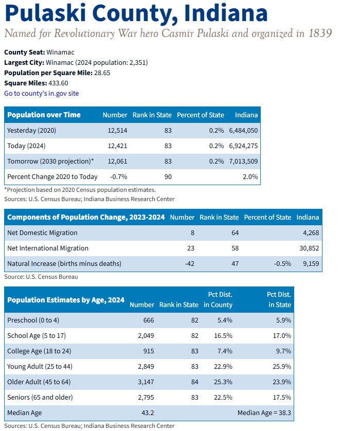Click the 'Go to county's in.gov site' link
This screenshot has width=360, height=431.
(x=42, y=93)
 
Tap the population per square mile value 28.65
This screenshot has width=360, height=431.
(x=102, y=73)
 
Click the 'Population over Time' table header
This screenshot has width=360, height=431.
(x=44, y=115)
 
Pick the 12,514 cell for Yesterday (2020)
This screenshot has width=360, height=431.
(x=117, y=131)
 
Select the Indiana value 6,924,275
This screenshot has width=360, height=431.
(x=244, y=146)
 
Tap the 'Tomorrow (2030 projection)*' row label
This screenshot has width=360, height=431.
(x=50, y=161)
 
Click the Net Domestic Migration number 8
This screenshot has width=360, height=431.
(x=192, y=232)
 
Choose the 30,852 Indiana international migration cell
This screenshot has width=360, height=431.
(x=308, y=248)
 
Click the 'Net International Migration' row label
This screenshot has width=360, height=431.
(x=48, y=248)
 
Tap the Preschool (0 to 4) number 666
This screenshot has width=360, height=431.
(x=148, y=320)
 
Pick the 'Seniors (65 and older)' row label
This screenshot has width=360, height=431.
(x=40, y=397)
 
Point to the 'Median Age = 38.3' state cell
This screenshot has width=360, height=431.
(x=264, y=412)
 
